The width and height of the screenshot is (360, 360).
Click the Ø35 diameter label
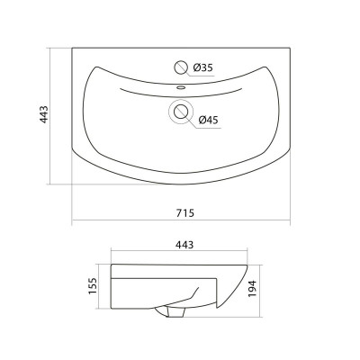pyautogui.click(x=202, y=67)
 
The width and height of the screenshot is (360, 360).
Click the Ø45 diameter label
pyautogui.click(x=209, y=121)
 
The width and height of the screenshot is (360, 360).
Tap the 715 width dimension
pyautogui.click(x=185, y=212)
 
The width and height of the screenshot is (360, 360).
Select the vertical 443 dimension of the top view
pyautogui.click(x=44, y=114)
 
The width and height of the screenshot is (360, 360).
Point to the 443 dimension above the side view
pyautogui.click(x=184, y=245)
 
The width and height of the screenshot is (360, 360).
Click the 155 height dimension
pyautogui.click(x=93, y=286)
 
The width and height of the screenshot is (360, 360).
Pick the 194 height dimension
pyautogui.click(x=252, y=289)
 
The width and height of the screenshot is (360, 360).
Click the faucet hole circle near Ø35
pyautogui.click(x=181, y=67)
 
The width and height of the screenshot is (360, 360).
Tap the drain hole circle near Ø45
pyautogui.click(x=181, y=112)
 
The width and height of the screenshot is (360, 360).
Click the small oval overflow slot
pyautogui.click(x=181, y=87)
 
